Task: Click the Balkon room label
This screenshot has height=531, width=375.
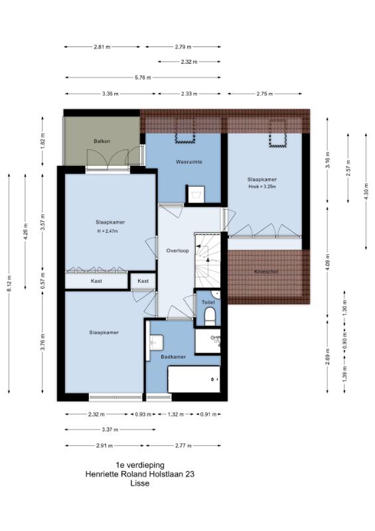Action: click(x=102, y=141)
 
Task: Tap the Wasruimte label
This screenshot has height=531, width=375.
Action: click(x=188, y=162)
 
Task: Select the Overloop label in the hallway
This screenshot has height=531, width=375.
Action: click(x=177, y=251)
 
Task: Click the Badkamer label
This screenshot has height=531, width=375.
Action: click(x=173, y=356)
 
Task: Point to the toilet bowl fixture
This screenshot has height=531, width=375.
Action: click(x=210, y=316)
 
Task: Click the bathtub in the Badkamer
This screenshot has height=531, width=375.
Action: click(x=194, y=379)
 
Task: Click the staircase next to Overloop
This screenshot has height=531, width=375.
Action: click(x=207, y=260)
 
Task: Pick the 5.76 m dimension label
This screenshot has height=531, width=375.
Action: click(x=143, y=78)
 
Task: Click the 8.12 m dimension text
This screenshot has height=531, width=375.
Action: click(x=9, y=283)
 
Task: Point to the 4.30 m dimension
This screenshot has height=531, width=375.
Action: click(x=366, y=191)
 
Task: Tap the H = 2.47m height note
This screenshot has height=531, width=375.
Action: click(x=107, y=231)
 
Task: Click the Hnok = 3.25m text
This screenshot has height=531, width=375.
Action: click(x=262, y=187)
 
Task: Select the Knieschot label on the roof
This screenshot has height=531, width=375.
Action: click(x=266, y=271)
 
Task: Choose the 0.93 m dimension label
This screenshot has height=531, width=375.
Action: click(x=143, y=414)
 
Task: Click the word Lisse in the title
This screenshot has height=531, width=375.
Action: click(x=140, y=483)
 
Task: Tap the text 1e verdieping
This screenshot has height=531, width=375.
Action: click(x=140, y=465)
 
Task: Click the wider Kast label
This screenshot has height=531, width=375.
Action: click(x=96, y=281)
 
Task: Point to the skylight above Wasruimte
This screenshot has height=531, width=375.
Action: click(x=185, y=131)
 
